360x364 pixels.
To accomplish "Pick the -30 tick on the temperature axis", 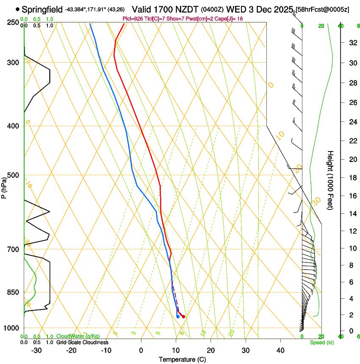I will pos(36,350).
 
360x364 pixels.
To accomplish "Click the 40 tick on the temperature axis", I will pos(280,350).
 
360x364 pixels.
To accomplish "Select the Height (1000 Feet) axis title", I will pos(330,180).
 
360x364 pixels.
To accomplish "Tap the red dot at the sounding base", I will pos(183,317).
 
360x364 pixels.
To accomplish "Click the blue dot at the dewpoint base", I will pos(177,317).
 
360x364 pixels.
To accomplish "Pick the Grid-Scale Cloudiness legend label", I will pos(82,342).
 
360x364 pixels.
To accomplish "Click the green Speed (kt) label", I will pos(321,342).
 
